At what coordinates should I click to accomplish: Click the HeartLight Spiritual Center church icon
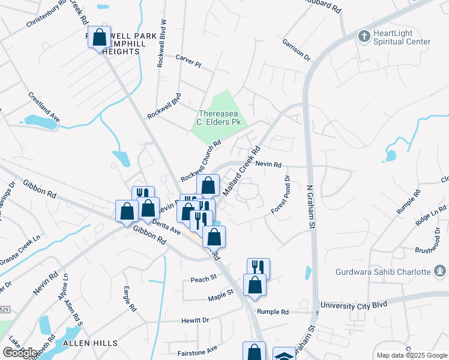point(363,37)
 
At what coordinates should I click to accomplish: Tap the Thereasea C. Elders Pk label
point(220,117)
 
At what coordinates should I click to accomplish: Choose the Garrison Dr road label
point(296,50)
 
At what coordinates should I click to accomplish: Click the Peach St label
point(203,279)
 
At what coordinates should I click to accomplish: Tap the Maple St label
point(220,294)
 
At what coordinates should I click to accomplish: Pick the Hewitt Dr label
point(195,320)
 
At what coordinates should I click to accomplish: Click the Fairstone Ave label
point(197,349)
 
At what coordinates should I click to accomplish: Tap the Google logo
point(20,353)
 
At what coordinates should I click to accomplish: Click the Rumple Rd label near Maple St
point(273,311)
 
